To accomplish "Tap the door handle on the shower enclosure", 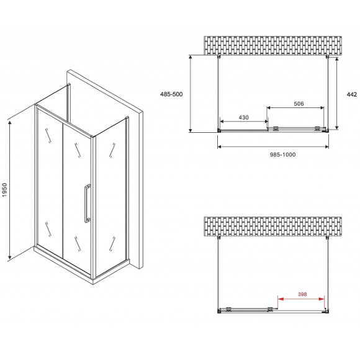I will tap(86, 202).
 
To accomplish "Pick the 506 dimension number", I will tap(298, 104).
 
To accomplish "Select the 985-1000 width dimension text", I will tap(273, 155).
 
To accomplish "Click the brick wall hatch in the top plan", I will tap(273, 45).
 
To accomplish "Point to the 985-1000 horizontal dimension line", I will tap(273, 147).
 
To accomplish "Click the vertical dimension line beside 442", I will tap(337, 93).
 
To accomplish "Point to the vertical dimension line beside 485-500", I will tap(191, 93).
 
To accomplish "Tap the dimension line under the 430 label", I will tap(243, 123).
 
